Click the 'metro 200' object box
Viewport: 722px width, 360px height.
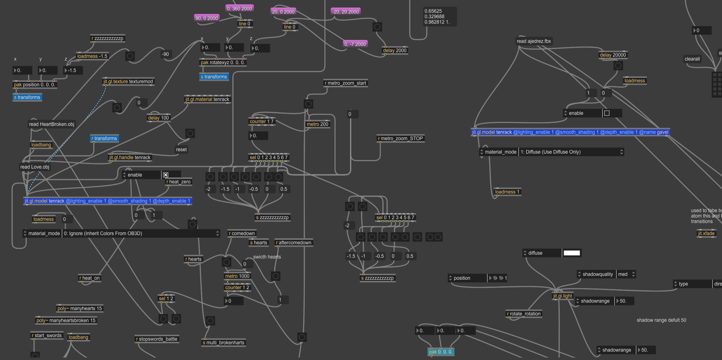coord(317,124)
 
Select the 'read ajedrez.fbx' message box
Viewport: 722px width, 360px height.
coord(534,41)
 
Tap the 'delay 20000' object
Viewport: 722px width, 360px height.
coord(613,55)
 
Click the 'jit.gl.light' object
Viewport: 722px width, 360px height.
coord(563,296)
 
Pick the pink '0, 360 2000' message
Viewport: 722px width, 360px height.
coord(239,9)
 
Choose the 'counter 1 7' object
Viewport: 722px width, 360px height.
coord(261,121)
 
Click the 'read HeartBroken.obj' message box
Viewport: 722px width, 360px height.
coord(51,124)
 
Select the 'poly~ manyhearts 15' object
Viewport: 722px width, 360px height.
coord(80,308)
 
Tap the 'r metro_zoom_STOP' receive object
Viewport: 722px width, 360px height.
coord(400,138)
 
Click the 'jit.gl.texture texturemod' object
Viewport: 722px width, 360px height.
coord(128,82)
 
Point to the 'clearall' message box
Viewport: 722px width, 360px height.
coord(692,59)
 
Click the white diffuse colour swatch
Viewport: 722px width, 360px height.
coord(572,253)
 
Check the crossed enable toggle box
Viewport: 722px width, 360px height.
coord(166,175)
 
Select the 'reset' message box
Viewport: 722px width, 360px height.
coord(181,149)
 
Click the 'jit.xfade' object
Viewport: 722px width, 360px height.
coord(706,233)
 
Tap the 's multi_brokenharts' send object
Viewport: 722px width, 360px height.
coord(223,343)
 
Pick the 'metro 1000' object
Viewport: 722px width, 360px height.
coord(237,276)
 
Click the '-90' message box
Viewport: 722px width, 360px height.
coord(165,54)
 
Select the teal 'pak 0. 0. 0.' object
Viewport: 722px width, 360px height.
coord(440,352)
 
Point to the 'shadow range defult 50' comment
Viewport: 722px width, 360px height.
coord(661,320)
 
